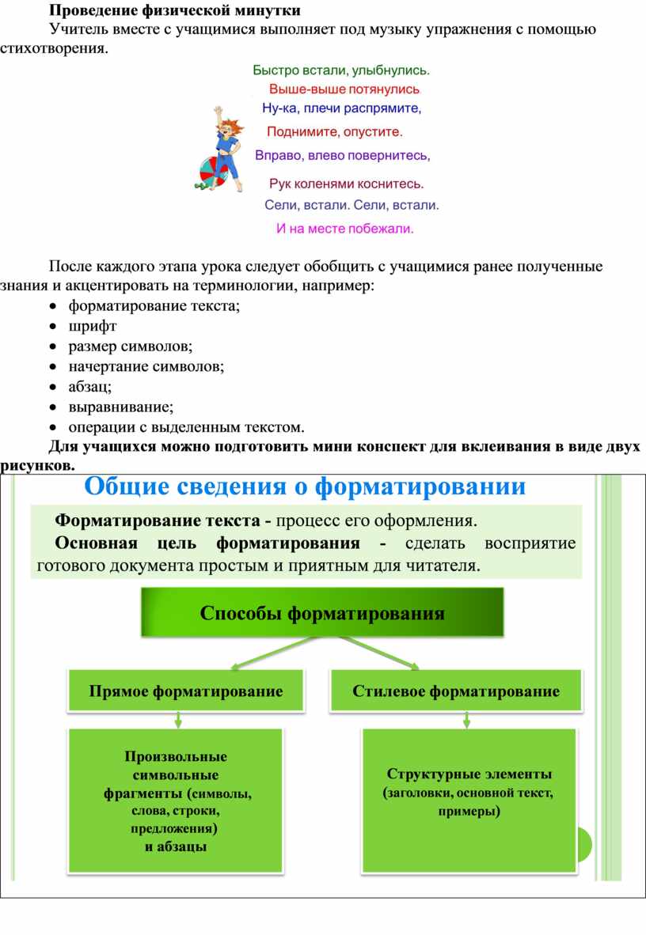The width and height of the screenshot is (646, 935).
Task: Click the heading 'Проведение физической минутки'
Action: (174, 11)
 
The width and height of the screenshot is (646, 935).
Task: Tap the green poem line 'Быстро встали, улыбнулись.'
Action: (341, 70)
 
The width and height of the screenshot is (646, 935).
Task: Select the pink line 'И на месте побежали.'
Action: (344, 229)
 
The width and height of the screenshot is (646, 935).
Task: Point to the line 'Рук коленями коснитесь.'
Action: (346, 184)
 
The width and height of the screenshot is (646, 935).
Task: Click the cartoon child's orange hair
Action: (230, 125)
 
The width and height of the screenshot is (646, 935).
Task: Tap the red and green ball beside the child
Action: (213, 173)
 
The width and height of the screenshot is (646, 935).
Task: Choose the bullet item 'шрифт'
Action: (93, 326)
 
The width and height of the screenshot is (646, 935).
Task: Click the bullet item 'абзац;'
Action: (90, 387)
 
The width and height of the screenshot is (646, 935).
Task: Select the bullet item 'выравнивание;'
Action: (121, 407)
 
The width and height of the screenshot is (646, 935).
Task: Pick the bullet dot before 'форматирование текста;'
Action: (54, 306)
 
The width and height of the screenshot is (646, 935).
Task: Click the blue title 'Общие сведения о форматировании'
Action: (305, 486)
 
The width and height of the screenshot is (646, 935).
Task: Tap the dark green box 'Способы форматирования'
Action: (322, 612)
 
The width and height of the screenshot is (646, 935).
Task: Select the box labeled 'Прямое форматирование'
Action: (186, 691)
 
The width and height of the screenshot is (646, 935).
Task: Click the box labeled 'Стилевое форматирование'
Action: (456, 691)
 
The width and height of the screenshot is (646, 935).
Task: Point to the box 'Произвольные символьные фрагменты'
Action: (176, 801)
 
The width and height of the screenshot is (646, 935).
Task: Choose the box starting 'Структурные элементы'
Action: (469, 801)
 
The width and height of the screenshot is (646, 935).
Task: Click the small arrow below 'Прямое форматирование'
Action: (178, 719)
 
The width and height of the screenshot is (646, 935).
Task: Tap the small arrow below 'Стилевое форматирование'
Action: (467, 719)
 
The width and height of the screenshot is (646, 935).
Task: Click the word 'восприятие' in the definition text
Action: (530, 543)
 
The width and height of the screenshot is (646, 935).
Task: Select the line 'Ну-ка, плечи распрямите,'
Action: (341, 108)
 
